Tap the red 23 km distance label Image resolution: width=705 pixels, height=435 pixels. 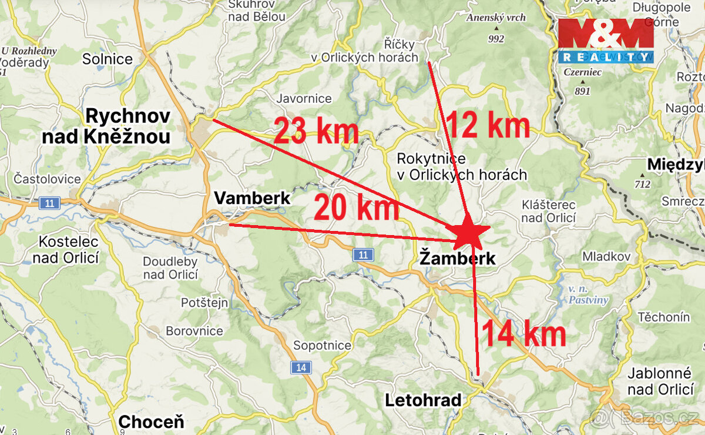[316, 131]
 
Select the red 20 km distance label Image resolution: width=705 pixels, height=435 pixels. [356, 208]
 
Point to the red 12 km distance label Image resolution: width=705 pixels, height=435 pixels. [488, 125]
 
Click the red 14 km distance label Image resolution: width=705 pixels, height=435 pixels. [523, 334]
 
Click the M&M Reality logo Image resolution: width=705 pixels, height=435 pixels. [605, 41]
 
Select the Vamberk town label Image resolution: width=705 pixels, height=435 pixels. [252, 198]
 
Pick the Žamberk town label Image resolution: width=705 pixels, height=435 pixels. [458, 258]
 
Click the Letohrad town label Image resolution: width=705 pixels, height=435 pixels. [422, 401]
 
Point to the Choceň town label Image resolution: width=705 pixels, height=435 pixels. [151, 421]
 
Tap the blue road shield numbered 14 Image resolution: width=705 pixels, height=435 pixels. [301, 368]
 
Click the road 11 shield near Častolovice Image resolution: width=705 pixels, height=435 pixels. [49, 204]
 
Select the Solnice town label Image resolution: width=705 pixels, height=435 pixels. [108, 59]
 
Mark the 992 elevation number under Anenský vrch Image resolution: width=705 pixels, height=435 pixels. [496, 39]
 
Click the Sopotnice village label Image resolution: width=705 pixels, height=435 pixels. [322, 346]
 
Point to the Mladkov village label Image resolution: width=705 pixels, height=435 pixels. [606, 256]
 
